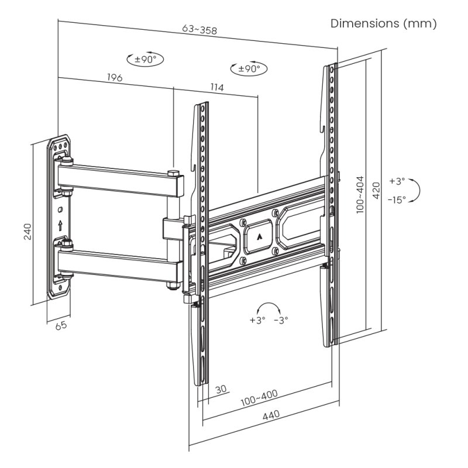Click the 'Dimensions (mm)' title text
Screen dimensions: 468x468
pos(383,23)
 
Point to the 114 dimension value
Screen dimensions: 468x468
pos(216,88)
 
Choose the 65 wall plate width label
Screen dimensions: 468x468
pos(61,326)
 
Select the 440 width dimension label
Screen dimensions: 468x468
pos(270,416)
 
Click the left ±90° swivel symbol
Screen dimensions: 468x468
pos(145,59)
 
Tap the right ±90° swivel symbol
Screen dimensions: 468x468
pos(249,69)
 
